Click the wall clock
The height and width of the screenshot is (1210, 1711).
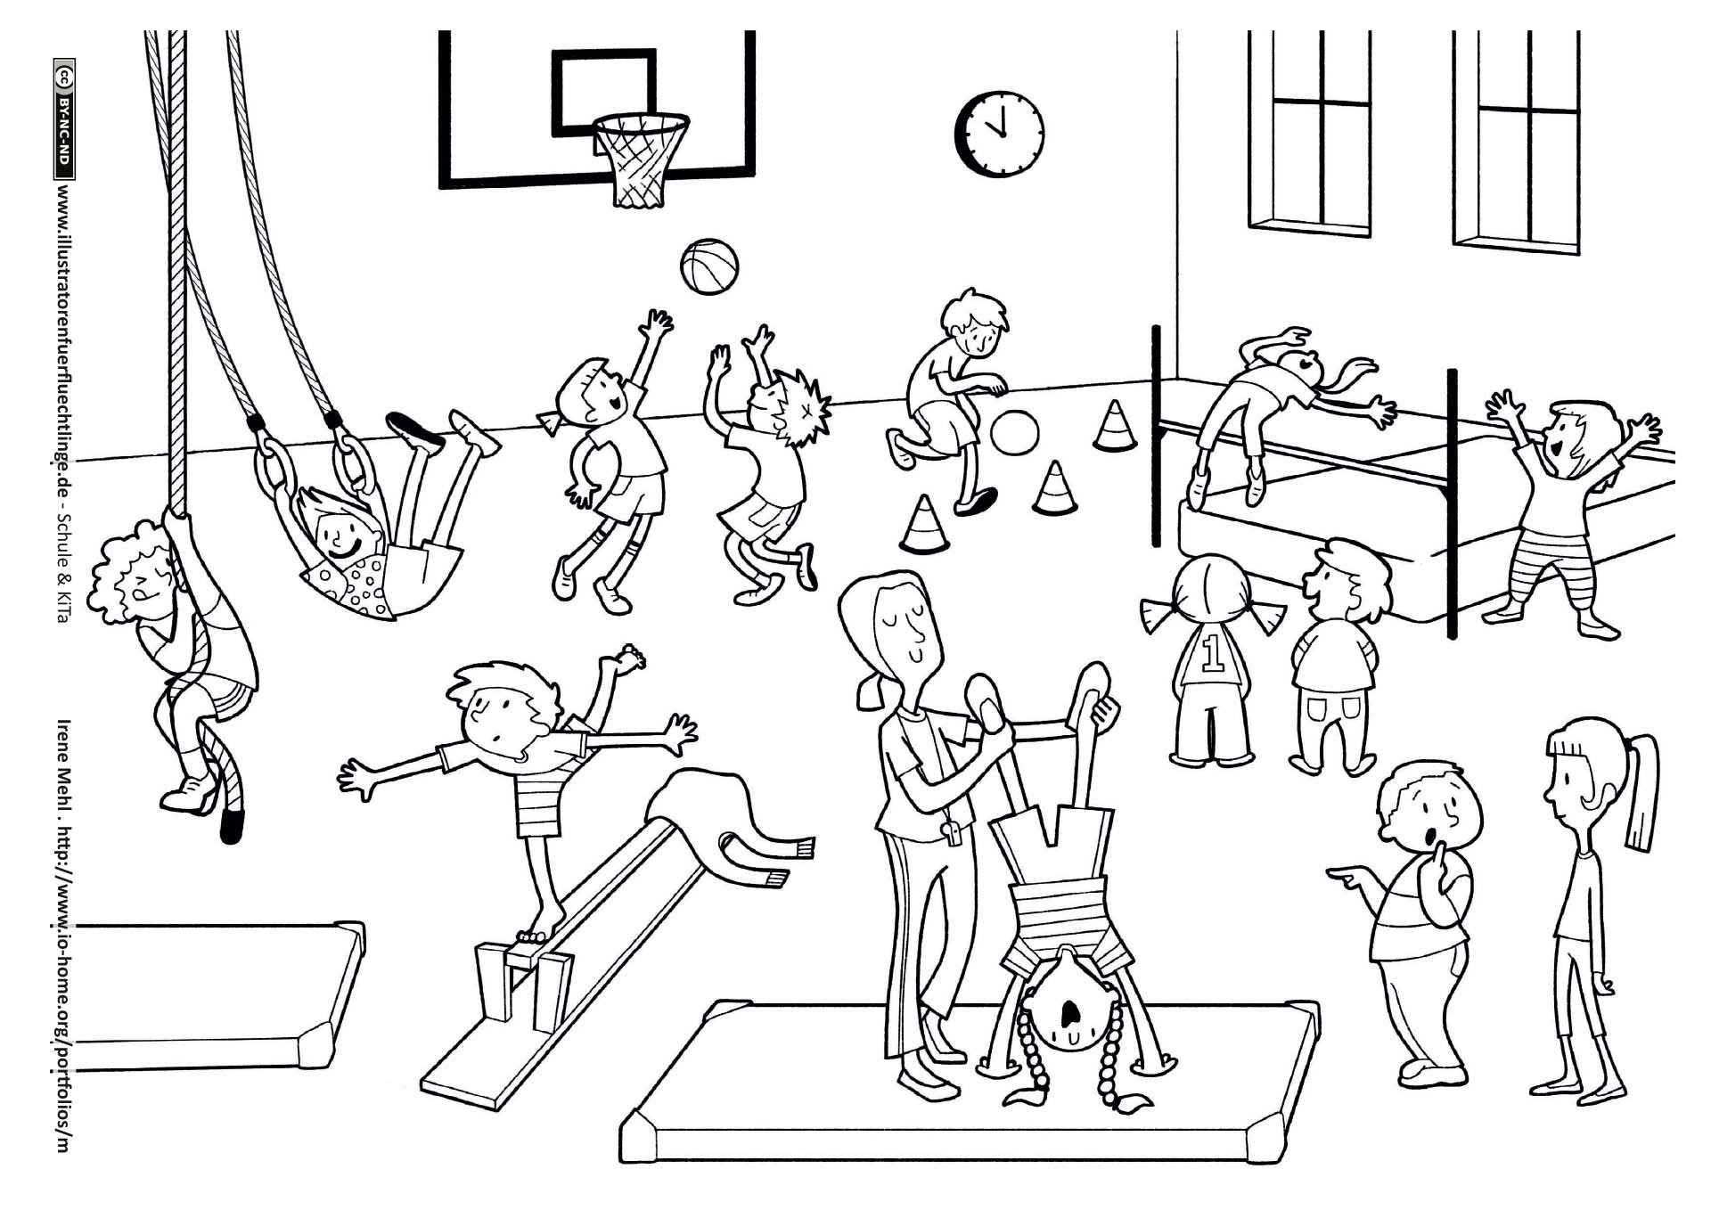(x=999, y=133)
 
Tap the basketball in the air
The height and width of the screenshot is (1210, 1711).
(x=708, y=266)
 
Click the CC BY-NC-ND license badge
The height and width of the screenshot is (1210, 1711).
(x=63, y=119)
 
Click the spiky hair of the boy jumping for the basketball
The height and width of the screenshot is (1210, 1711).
(x=798, y=406)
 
